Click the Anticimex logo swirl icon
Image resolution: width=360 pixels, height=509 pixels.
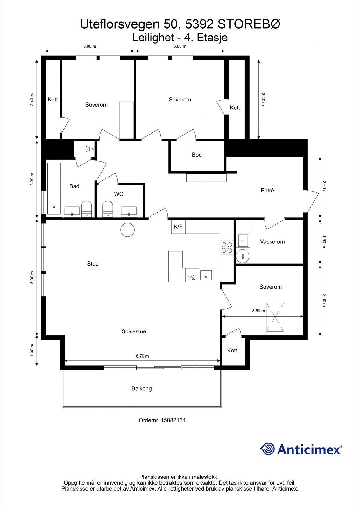267,449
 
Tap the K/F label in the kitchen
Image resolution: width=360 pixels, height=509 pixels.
178,227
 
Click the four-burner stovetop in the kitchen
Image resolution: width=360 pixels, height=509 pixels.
227,248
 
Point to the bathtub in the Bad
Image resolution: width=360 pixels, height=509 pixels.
54,188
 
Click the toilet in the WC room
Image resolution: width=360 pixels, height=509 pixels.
108,209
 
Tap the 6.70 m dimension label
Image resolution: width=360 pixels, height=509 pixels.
142,356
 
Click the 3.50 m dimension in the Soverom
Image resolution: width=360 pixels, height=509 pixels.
258,311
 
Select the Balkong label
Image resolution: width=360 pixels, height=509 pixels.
141,388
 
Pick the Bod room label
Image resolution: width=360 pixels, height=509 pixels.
197,155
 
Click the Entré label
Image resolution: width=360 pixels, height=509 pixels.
267,191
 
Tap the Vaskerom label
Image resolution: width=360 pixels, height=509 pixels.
272,241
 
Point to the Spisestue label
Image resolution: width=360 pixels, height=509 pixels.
134,331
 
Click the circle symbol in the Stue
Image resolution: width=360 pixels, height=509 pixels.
127,230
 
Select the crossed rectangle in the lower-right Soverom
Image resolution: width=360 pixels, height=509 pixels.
275,317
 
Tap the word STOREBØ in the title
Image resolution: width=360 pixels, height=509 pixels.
249,24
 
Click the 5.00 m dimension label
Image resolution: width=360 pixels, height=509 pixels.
32,277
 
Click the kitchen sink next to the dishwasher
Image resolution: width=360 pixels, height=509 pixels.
206,275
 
